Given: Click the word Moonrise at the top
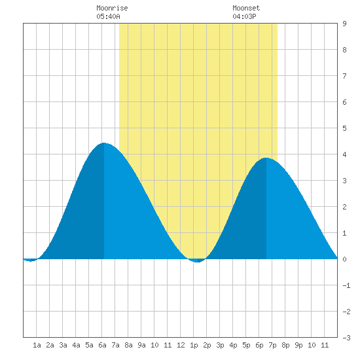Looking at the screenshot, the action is coord(112,8).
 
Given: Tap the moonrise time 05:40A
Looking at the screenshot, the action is coord(108,16).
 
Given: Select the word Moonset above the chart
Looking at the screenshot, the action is coord(246,8).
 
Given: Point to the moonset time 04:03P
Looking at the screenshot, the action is coord(244,16).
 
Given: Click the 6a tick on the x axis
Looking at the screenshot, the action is coord(102,345).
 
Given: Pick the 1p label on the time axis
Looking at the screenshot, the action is coord(194,345).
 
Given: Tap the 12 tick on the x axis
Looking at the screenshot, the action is coord(181,345).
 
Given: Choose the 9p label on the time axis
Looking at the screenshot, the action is coord(298,345).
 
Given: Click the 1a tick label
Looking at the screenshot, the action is coord(37,345).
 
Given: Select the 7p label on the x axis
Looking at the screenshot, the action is coord(272,345).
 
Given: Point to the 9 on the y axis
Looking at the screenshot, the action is coord(344,24).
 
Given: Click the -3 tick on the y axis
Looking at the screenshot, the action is coord(346,338).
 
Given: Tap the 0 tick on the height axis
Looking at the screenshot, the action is coord(344,259).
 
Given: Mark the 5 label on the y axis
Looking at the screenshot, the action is coord(344,128).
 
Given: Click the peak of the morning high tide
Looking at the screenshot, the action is coord(104,143).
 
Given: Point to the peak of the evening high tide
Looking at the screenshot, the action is coord(266,158).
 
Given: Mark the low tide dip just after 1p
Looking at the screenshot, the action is coord(198,262).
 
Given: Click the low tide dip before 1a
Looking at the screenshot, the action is coord(30,261).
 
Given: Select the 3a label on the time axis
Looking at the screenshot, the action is coord(63,345).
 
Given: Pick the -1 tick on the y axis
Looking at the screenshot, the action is coord(346,285).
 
